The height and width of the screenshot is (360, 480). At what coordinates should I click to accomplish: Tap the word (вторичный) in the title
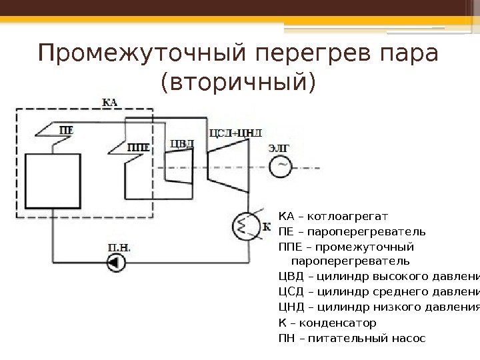coord(237,83)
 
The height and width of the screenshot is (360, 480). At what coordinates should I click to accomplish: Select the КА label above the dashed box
coord(111,102)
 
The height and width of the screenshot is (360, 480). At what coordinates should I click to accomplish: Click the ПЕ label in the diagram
coord(66,130)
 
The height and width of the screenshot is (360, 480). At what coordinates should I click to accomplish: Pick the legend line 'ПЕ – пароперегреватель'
coord(351,232)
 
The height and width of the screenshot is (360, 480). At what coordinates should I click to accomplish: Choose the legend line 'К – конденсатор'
coord(327,323)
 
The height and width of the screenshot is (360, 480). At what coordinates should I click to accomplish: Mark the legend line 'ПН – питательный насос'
coord(351,338)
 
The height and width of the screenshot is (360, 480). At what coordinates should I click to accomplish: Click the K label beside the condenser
coord(267,226)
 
